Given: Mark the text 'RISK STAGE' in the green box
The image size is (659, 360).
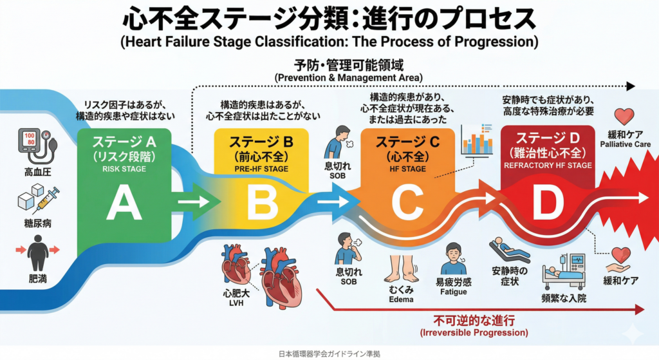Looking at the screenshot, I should coord(124,169).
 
